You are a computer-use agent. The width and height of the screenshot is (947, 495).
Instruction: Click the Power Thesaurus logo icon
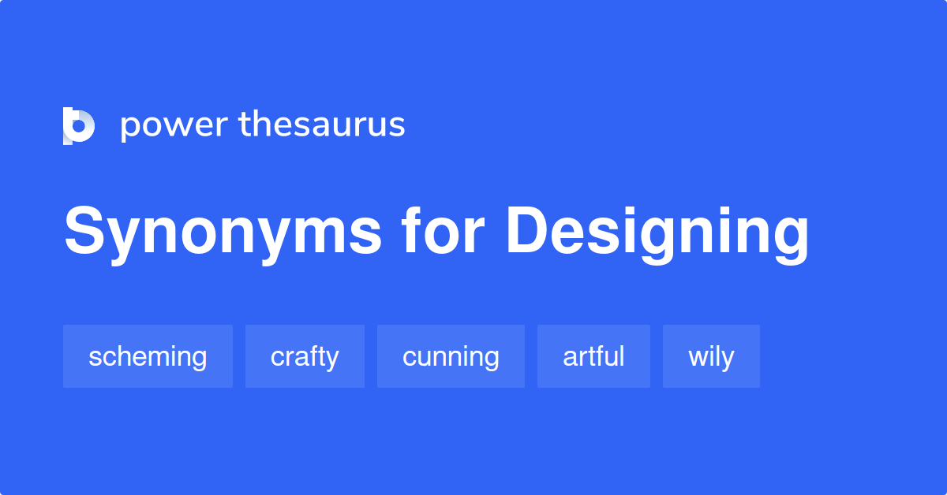[79, 125]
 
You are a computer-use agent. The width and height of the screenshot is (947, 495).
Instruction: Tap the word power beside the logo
[173, 125]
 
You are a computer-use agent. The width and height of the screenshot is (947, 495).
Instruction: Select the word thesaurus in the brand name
[321, 125]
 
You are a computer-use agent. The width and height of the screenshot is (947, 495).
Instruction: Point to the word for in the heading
[442, 231]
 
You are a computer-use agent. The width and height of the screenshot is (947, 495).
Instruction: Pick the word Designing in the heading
[657, 233]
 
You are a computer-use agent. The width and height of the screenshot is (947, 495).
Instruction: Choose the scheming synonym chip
[148, 356]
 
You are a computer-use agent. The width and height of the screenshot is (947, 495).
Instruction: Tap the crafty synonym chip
[305, 356]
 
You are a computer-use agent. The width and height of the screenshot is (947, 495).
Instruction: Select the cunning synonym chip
[451, 356]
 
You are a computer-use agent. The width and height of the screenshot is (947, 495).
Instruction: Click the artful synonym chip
[593, 356]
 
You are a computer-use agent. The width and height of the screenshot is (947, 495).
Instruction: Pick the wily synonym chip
[711, 356]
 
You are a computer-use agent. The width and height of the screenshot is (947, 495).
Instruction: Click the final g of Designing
[788, 236]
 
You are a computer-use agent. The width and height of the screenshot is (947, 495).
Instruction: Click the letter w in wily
[697, 358]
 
